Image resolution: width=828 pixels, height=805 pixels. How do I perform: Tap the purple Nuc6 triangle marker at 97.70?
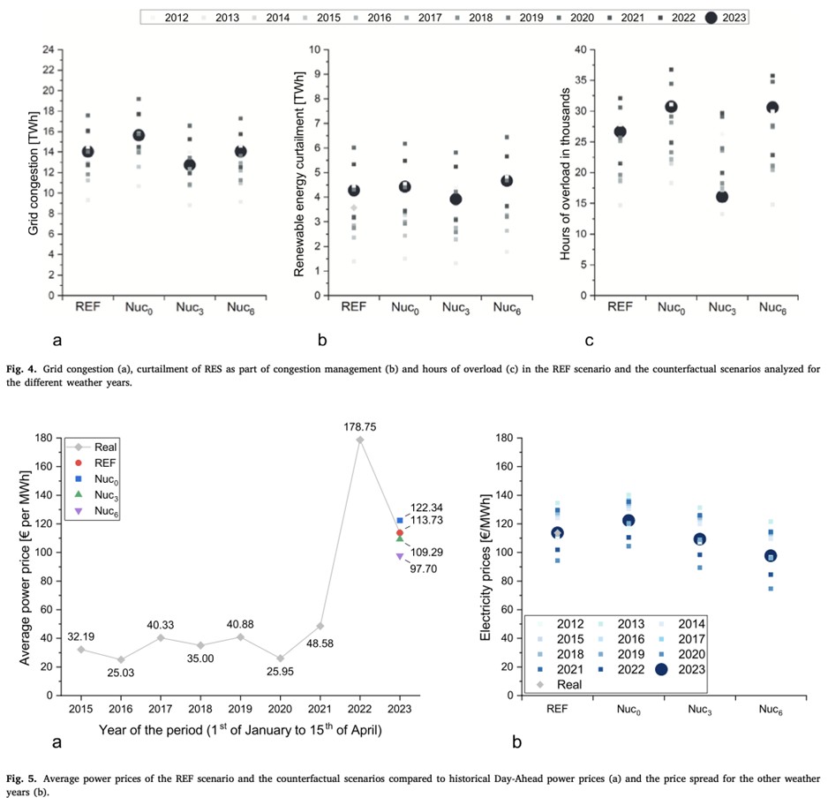pyautogui.click(x=400, y=556)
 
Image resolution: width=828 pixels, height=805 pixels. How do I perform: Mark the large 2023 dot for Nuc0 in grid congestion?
pyautogui.click(x=138, y=135)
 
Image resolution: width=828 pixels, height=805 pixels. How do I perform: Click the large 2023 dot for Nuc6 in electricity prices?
pyautogui.click(x=771, y=556)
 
